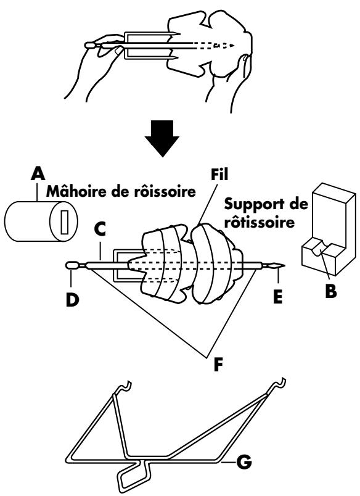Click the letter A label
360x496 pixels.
click(38, 173)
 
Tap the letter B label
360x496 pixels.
click(331, 291)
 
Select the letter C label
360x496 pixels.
click(100, 230)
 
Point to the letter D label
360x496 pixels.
click(72, 299)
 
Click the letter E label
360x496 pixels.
click(278, 297)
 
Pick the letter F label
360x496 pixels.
click(218, 365)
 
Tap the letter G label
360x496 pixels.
click(244, 462)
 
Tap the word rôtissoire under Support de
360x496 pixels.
click(260, 221)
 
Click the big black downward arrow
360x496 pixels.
click(162, 139)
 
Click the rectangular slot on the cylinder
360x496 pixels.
click(65, 221)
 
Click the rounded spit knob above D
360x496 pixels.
click(73, 266)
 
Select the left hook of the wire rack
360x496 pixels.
click(123, 387)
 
